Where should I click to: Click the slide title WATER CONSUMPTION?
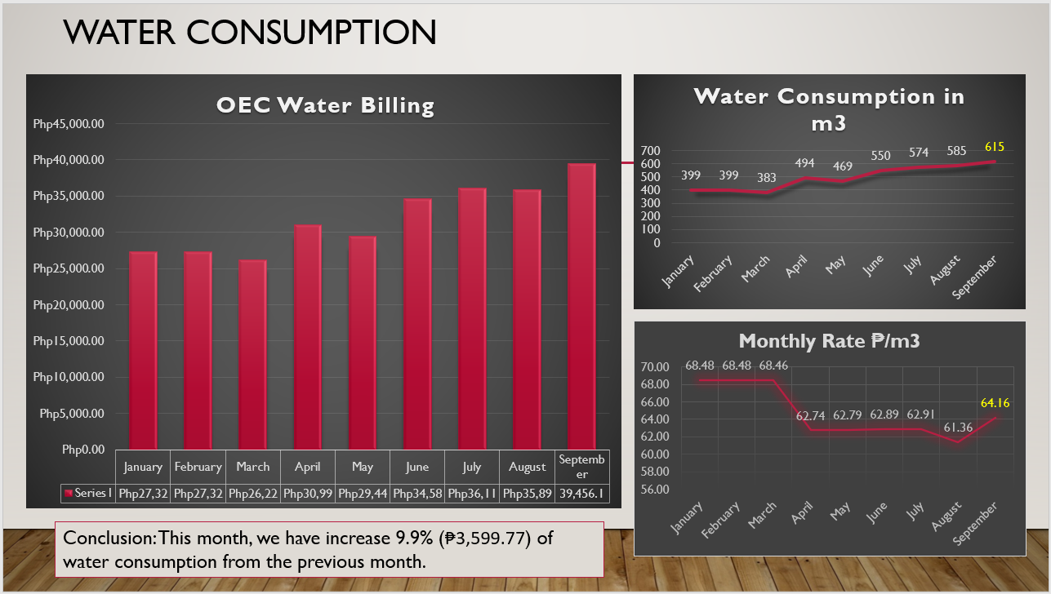[250, 32]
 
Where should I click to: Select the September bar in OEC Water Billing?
[581, 306]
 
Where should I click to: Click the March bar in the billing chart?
[252, 354]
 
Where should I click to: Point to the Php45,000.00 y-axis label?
[69, 124]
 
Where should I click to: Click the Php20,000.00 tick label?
[69, 305]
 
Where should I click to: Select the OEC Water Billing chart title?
[325, 105]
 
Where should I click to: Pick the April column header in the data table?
[308, 467]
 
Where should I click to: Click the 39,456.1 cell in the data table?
[581, 494]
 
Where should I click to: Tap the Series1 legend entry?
[88, 494]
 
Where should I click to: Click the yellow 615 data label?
[994, 147]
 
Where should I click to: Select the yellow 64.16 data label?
[995, 402]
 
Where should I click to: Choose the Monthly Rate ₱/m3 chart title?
[829, 341]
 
